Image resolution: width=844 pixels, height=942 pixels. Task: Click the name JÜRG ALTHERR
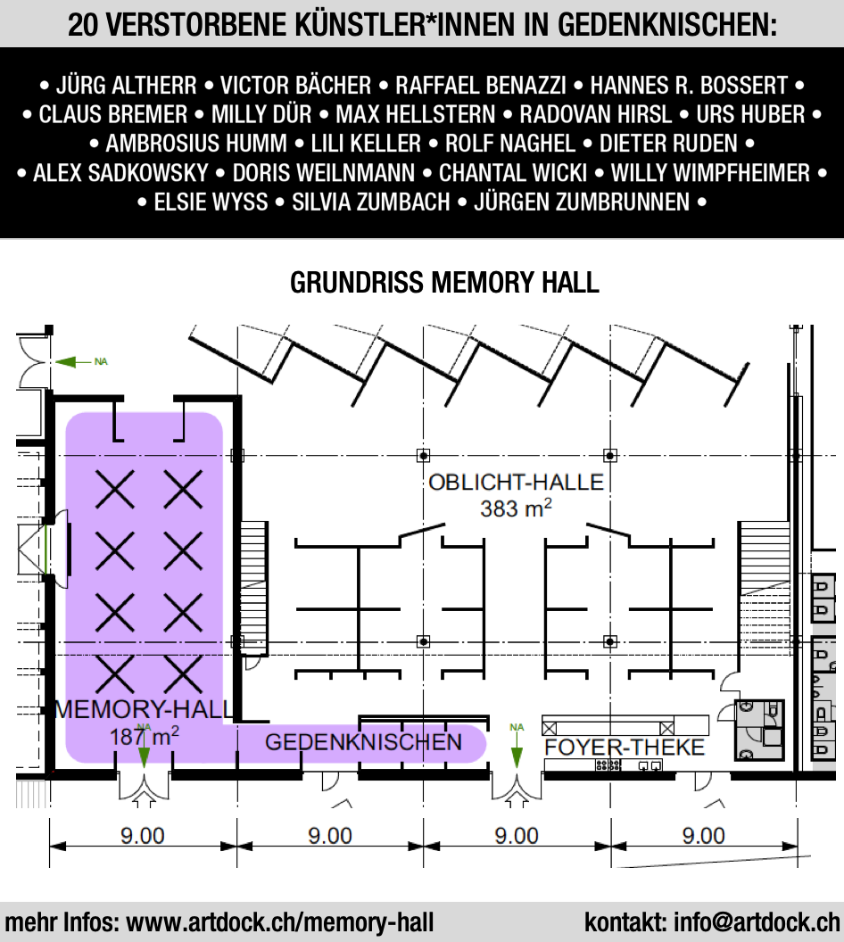pos(126,86)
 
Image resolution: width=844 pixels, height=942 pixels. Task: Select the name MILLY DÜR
pos(261,114)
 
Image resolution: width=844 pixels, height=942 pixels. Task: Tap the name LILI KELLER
pos(366,144)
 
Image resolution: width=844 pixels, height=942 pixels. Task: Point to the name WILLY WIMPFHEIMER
pos(711,173)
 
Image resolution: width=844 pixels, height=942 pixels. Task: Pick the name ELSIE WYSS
pos(211,202)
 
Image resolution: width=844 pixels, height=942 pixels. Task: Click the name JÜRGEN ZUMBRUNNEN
pos(582,202)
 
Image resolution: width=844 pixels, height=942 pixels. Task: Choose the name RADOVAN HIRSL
pos(595,114)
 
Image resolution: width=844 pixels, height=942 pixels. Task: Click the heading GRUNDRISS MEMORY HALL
pos(444,283)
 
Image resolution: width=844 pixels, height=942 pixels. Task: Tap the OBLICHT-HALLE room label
pos(516,482)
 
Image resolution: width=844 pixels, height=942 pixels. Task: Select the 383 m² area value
pos(516,508)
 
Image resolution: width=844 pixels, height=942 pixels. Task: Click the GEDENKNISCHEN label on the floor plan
pos(363,742)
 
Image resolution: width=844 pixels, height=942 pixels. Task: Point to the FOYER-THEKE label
pos(625,747)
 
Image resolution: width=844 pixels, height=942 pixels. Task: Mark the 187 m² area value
pos(145,736)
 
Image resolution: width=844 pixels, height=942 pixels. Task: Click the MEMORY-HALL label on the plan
pos(144,709)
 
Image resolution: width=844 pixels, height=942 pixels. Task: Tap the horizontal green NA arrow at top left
pos(74,361)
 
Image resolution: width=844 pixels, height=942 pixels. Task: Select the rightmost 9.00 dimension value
pos(703,836)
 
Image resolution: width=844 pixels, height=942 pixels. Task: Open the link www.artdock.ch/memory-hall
pos(280,922)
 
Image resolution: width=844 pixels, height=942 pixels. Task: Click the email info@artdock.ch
pos(757,922)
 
